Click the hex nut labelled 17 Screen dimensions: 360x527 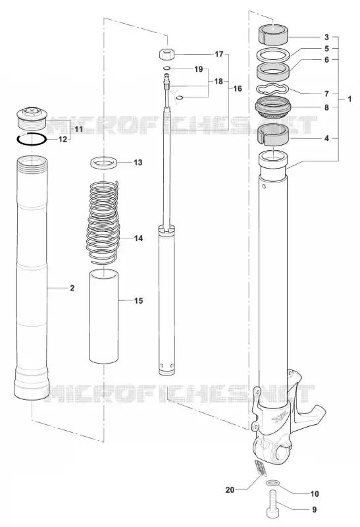pyautogui.click(x=165, y=54)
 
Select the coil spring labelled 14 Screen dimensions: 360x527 pyautogui.click(x=103, y=221)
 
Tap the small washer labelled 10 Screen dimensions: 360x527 pyautogui.click(x=272, y=484)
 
